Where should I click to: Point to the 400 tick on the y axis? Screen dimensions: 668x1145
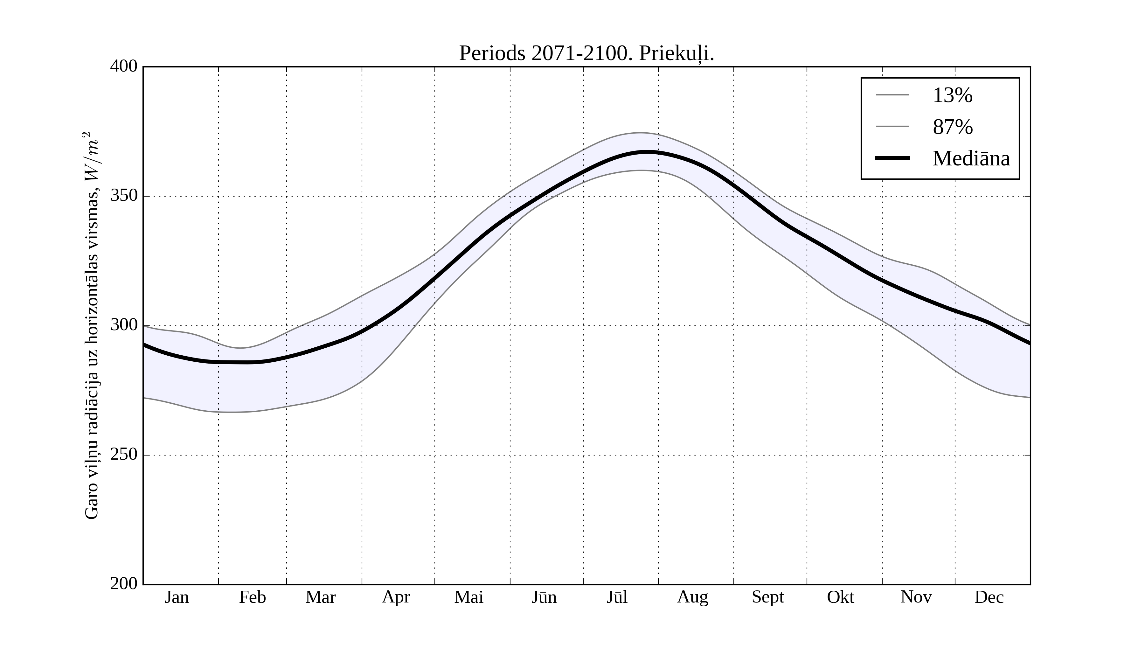tap(124, 66)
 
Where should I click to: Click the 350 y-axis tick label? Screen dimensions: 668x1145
tap(124, 196)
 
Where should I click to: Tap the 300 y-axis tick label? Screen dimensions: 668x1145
tap(124, 325)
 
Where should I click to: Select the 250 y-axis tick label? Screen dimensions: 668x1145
tap(124, 455)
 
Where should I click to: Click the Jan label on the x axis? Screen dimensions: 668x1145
tap(177, 597)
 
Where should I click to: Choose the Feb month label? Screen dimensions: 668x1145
tap(252, 597)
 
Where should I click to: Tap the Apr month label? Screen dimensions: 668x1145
tap(396, 597)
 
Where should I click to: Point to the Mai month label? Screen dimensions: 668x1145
tap(468, 597)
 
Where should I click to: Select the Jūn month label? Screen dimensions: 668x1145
tap(544, 597)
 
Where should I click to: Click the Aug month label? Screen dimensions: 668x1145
tap(692, 597)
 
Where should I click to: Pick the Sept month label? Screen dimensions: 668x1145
tap(768, 597)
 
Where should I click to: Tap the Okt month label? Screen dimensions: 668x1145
tap(841, 597)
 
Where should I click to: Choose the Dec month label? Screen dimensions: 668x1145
tap(989, 597)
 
